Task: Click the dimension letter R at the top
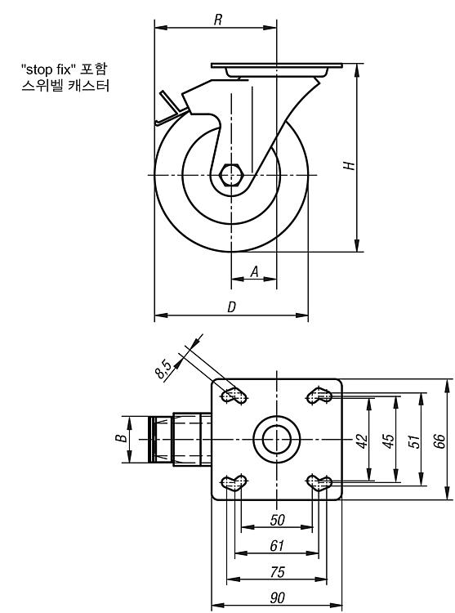pyautogui.click(x=218, y=20)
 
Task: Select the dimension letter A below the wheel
pyautogui.click(x=255, y=271)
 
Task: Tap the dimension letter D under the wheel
pyautogui.click(x=232, y=306)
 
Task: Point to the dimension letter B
pyautogui.click(x=122, y=438)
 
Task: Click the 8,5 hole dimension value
pyautogui.click(x=163, y=369)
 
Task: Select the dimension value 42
pyautogui.click(x=363, y=441)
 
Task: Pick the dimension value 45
pyautogui.click(x=389, y=441)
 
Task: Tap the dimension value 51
pyautogui.click(x=414, y=441)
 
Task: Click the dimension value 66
pyautogui.click(x=439, y=441)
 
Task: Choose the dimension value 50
pyautogui.click(x=277, y=520)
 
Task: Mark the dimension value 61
pyautogui.click(x=277, y=546)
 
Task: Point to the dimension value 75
pyautogui.click(x=277, y=572)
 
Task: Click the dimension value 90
pyautogui.click(x=277, y=597)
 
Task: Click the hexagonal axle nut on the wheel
pyautogui.click(x=231, y=174)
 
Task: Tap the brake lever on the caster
pyautogui.click(x=170, y=110)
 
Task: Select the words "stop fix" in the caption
pyautogui.click(x=48, y=69)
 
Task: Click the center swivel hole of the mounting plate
pyautogui.click(x=277, y=440)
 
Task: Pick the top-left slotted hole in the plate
pyautogui.click(x=234, y=396)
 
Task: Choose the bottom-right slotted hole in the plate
pyautogui.click(x=319, y=482)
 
